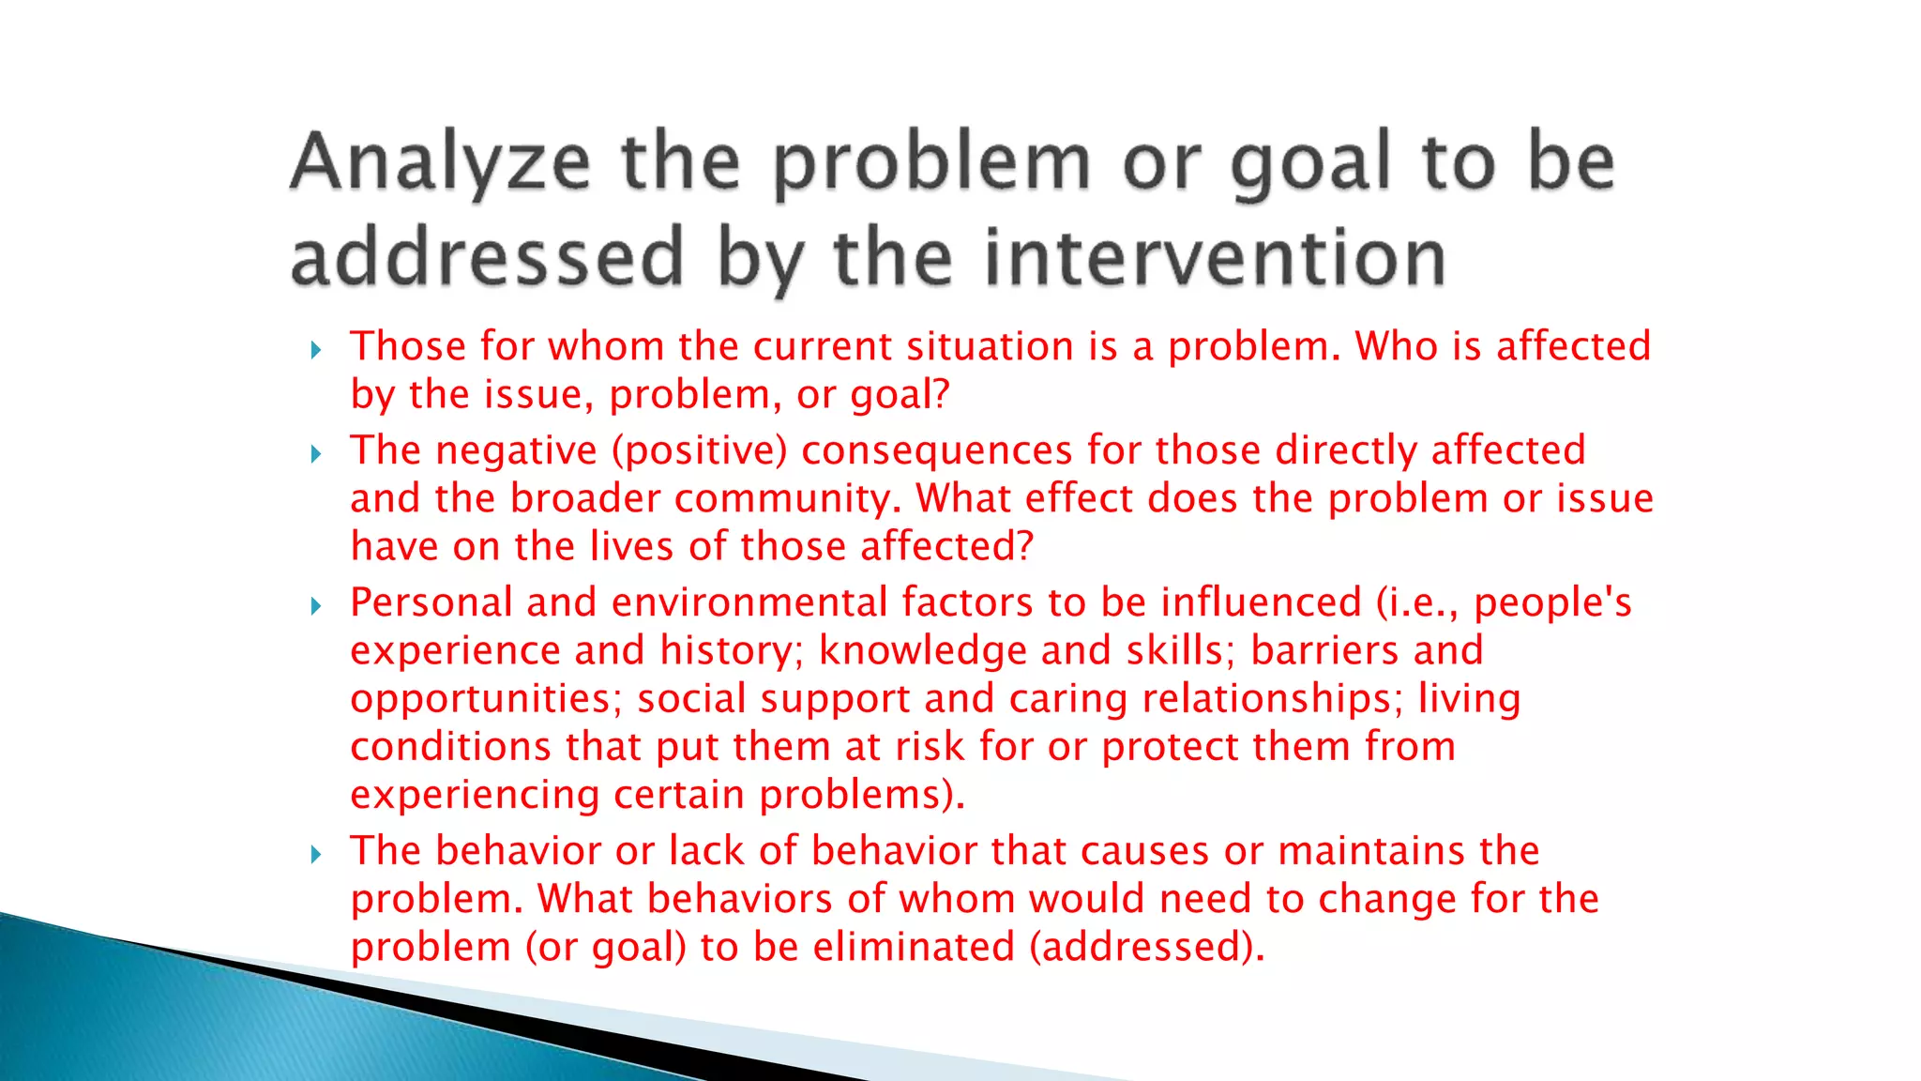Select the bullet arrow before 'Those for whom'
point(316,351)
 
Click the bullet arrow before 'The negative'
point(316,455)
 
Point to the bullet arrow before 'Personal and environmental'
point(316,607)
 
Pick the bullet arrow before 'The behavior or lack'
point(316,855)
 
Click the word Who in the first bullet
point(1397,346)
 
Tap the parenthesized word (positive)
point(699,450)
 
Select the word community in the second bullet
point(788,498)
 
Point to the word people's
point(1552,602)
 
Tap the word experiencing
point(475,795)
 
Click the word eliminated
point(914,947)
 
